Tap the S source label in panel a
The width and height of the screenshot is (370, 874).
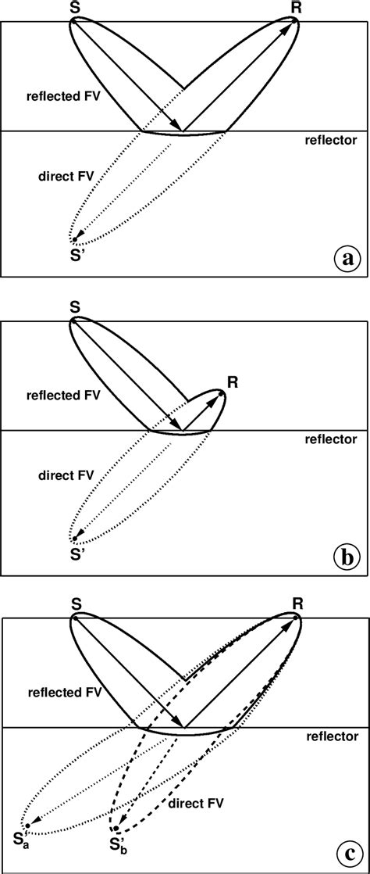(73, 9)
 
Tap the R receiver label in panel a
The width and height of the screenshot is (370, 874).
(296, 9)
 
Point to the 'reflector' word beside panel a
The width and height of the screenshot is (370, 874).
(332, 141)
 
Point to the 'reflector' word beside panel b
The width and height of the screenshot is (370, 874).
(332, 439)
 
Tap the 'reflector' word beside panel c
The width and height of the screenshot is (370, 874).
(332, 736)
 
